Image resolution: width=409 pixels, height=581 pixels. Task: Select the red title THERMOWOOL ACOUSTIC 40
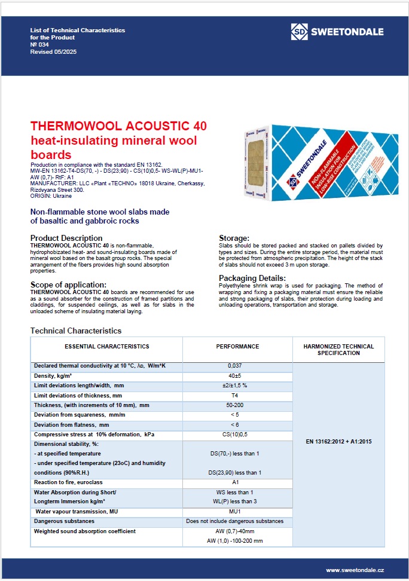pos(118,126)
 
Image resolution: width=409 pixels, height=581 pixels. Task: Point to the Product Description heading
pos(66,238)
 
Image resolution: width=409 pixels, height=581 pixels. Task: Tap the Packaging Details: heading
pos(252,278)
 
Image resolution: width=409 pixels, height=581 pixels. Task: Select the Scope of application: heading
pos(68,285)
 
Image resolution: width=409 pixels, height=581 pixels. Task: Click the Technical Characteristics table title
pos(76,331)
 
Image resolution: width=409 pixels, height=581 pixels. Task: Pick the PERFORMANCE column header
pos(237,347)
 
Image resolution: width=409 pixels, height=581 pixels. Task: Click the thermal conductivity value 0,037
pos(237,366)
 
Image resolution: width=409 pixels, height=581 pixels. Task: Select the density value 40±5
pos(237,375)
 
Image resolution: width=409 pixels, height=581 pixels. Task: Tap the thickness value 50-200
pos(237,405)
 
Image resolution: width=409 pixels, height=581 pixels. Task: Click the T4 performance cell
pos(237,396)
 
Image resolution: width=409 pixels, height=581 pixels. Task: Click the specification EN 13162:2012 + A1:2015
pos(338,441)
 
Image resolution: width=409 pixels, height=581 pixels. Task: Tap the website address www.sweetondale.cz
pos(354,571)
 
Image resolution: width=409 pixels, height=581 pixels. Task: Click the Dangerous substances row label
pos(64,521)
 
